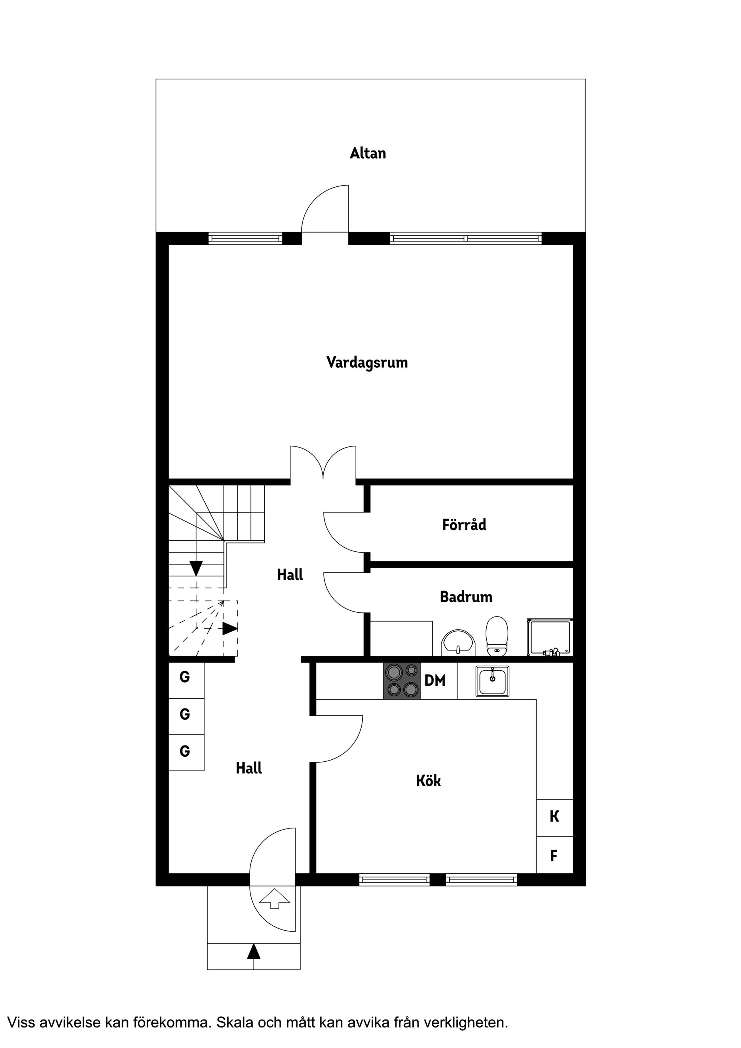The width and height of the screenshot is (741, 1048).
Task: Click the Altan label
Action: click(367, 153)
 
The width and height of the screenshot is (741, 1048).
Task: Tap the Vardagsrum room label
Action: click(367, 362)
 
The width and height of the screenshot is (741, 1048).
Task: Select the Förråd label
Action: click(464, 524)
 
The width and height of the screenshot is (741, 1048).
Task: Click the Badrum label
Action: click(466, 597)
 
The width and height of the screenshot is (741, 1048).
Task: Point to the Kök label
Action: click(428, 781)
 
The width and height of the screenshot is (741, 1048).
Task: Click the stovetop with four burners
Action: click(402, 681)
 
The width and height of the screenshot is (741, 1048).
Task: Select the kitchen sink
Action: click(492, 681)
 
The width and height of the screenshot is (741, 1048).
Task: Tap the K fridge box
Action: click(554, 816)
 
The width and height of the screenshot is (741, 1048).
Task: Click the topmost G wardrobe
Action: click(185, 677)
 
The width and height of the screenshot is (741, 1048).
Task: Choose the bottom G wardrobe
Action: click(185, 751)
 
